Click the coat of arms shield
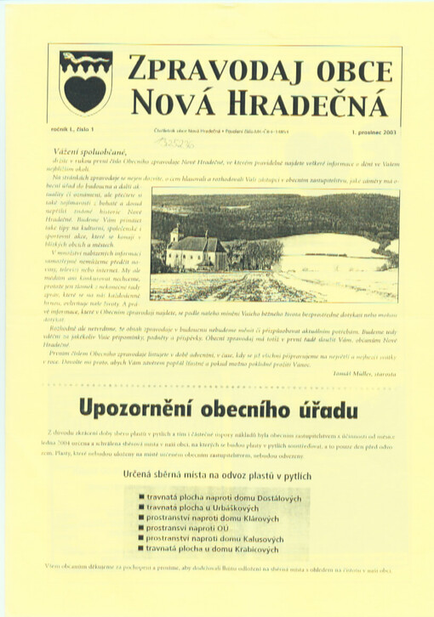pyautogui.click(x=86, y=82)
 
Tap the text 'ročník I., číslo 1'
pyautogui.click(x=77, y=128)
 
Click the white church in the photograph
pyautogui.click(x=195, y=252)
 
